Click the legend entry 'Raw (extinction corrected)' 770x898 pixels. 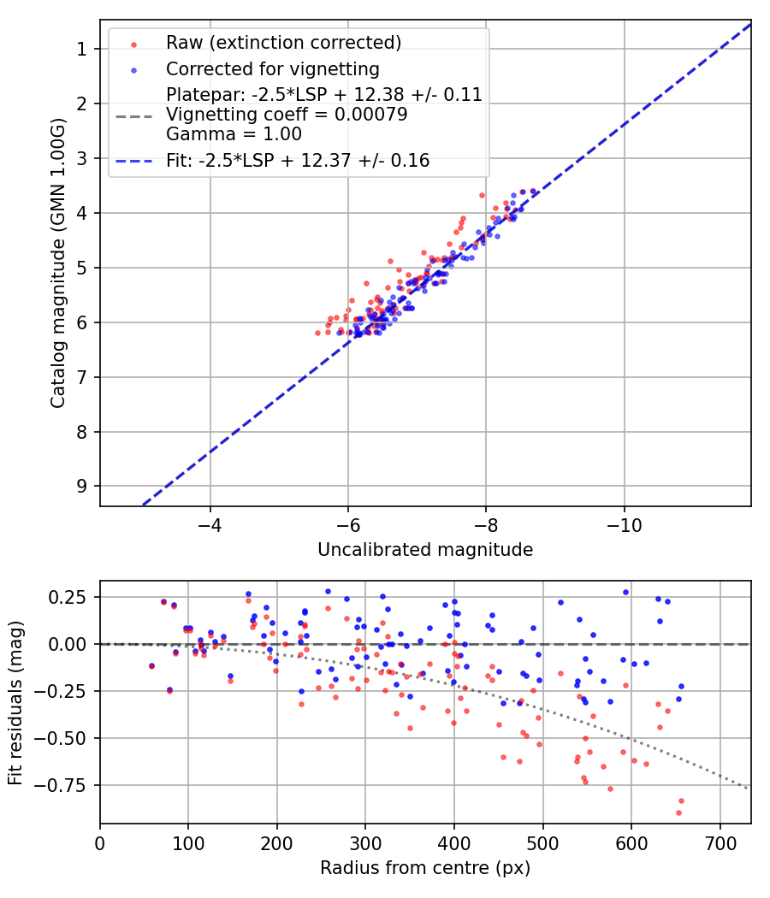tap(283, 43)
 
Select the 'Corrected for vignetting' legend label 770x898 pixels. tap(273, 68)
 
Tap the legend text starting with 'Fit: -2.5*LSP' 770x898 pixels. tap(298, 160)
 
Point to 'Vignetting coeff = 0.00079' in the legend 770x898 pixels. tap(287, 115)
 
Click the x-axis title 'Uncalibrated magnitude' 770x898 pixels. tap(425, 550)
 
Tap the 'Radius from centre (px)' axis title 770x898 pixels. tap(425, 869)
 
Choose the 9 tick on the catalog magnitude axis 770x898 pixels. tap(82, 487)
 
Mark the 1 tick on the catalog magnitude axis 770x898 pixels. tap(82, 50)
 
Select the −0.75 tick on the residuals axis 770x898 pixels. tap(66, 785)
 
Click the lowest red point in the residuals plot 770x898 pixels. tap(678, 812)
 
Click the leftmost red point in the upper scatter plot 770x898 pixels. tap(317, 333)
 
